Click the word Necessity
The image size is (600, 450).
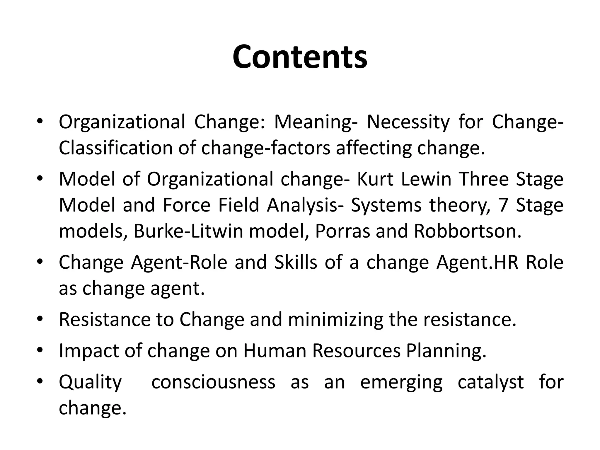[x=408, y=122]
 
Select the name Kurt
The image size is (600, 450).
[x=375, y=179]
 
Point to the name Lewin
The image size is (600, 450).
[x=426, y=179]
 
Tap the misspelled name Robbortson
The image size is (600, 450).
[x=467, y=231]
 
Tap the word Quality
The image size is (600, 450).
[x=90, y=383]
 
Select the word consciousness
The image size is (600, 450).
[x=213, y=382]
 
